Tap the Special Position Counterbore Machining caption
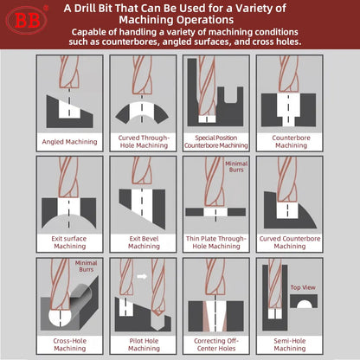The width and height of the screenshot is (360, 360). pyautogui.click(x=215, y=142)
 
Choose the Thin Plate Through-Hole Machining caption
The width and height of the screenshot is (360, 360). pyautogui.click(x=215, y=241)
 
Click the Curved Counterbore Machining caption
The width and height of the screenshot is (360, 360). pyautogui.click(x=292, y=241)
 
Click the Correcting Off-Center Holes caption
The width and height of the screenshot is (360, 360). pyautogui.click(x=215, y=343)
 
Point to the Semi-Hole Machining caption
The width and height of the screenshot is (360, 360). pyautogui.click(x=292, y=343)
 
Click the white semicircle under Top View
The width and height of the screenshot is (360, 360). pyautogui.click(x=302, y=303)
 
